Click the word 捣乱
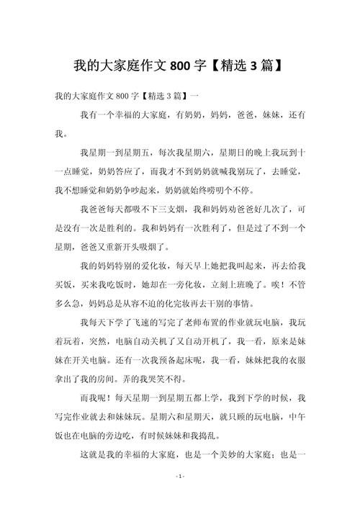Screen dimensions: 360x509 [215, 434]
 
